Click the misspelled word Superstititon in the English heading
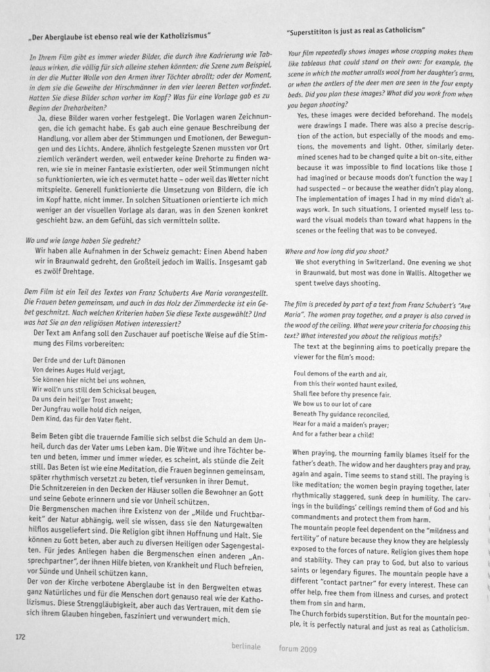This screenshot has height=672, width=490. coord(317,31)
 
